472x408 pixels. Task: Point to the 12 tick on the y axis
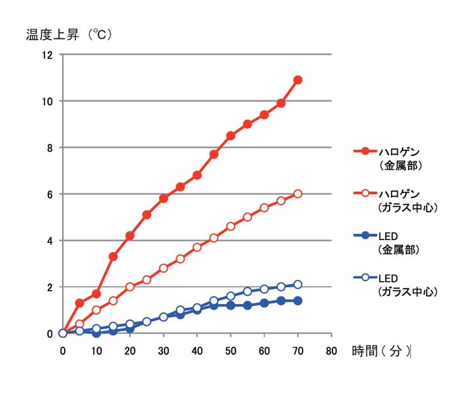(48, 55)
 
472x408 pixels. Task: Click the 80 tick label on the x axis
(331, 351)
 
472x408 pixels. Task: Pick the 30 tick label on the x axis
(163, 351)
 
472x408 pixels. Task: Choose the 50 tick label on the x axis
(231, 351)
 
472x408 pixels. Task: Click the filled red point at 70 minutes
(298, 80)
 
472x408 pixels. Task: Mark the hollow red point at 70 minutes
(298, 194)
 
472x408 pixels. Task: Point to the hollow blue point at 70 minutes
(298, 285)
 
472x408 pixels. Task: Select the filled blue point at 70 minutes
(298, 301)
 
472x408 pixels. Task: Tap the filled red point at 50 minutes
(231, 136)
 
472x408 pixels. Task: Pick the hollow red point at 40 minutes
(197, 247)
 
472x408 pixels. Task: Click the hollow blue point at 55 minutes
(247, 291)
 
